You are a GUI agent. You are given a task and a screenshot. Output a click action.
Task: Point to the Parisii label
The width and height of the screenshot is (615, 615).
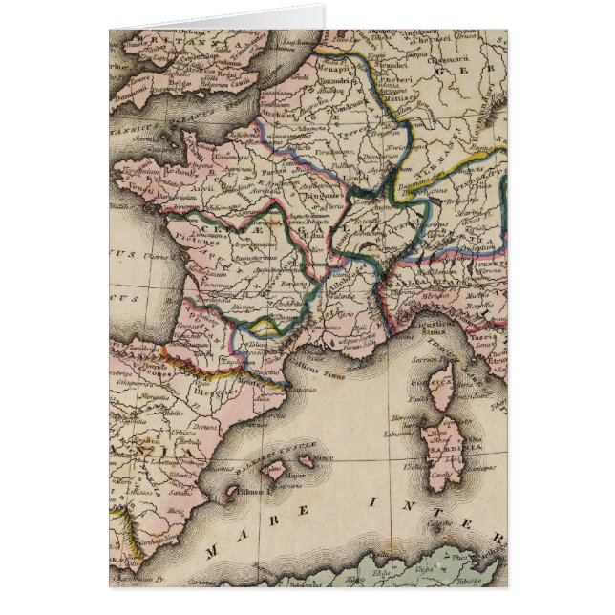click(x=257, y=161)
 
